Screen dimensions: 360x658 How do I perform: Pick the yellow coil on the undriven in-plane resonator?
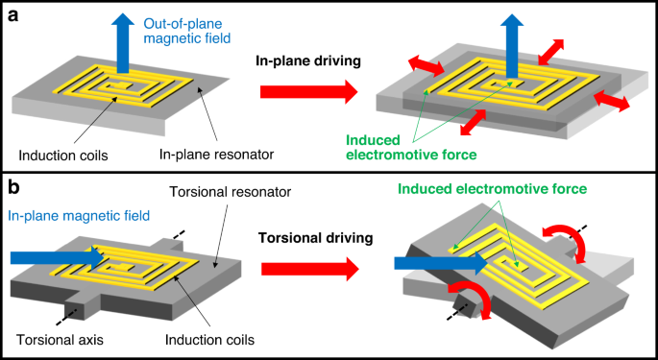pyautogui.click(x=123, y=91)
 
